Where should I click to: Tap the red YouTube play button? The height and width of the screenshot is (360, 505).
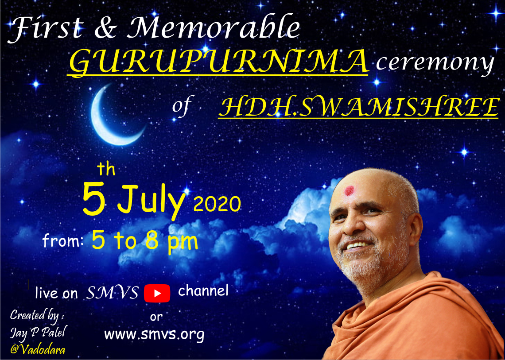point(157,293)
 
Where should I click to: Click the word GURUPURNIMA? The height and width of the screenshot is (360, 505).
point(218,61)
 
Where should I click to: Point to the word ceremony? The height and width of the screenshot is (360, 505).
point(435,63)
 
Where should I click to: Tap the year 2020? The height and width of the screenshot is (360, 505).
point(218,204)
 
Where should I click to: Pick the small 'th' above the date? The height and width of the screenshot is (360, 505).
point(106,169)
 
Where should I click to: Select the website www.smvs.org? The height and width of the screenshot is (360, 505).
point(154,334)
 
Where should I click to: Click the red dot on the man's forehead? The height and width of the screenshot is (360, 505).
point(349,190)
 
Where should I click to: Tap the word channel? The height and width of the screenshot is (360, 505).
point(203,291)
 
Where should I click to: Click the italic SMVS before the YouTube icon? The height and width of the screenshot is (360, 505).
point(113,293)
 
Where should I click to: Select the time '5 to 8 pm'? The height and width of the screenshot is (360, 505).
point(144,241)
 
